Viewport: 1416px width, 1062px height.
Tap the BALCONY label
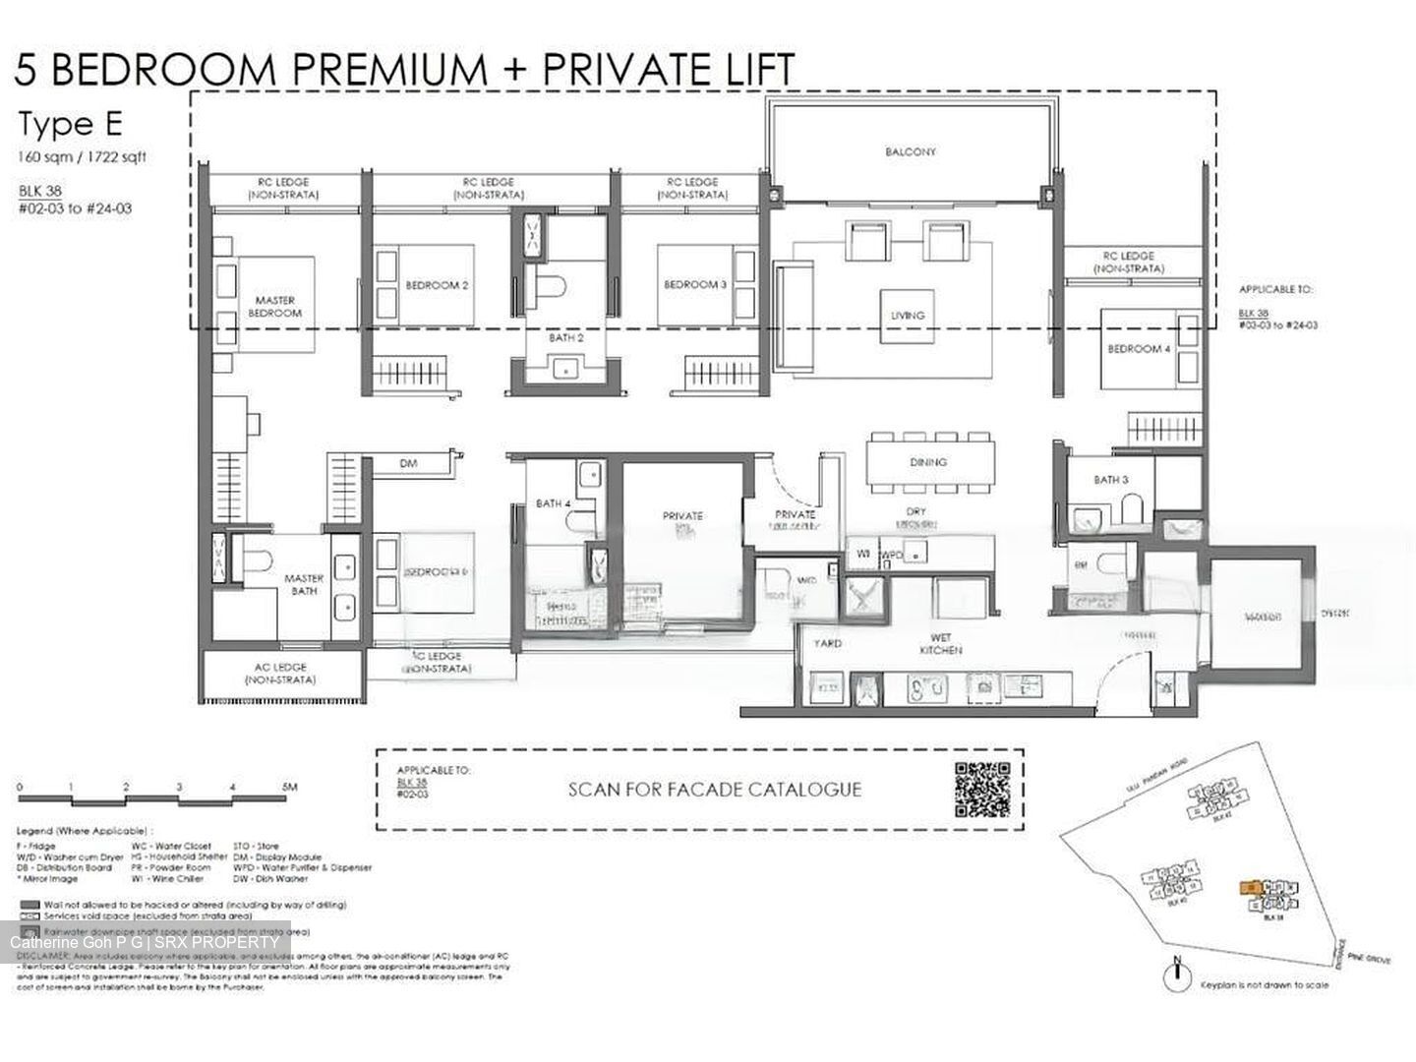point(911,152)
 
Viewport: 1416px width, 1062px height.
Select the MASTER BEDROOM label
point(274,306)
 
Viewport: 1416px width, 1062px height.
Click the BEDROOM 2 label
point(437,285)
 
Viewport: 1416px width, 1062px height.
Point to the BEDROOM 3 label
point(695,284)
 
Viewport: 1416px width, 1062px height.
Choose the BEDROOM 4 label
point(1139,349)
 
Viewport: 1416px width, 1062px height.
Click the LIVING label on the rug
point(907,316)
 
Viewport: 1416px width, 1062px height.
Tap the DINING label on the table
point(927,461)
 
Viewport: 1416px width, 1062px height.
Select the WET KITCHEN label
point(940,644)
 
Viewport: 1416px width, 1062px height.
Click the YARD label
point(827,644)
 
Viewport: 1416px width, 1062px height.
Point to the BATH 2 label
point(566,337)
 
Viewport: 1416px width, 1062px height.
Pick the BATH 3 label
point(1110,480)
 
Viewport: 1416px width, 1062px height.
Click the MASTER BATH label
point(304,584)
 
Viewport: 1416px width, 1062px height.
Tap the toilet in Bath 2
point(550,286)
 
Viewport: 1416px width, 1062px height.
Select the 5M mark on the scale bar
point(288,787)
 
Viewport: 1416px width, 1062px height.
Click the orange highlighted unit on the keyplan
point(1250,886)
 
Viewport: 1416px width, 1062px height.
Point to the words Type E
point(70,125)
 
